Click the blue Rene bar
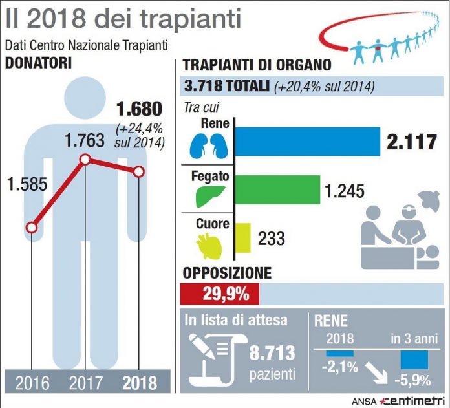[306, 142]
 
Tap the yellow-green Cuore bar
[242, 237]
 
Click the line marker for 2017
[85, 160]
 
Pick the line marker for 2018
[138, 171]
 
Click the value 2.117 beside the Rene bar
[412, 142]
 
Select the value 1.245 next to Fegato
[343, 191]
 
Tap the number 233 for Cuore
[272, 238]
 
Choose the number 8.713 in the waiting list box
[272, 353]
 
